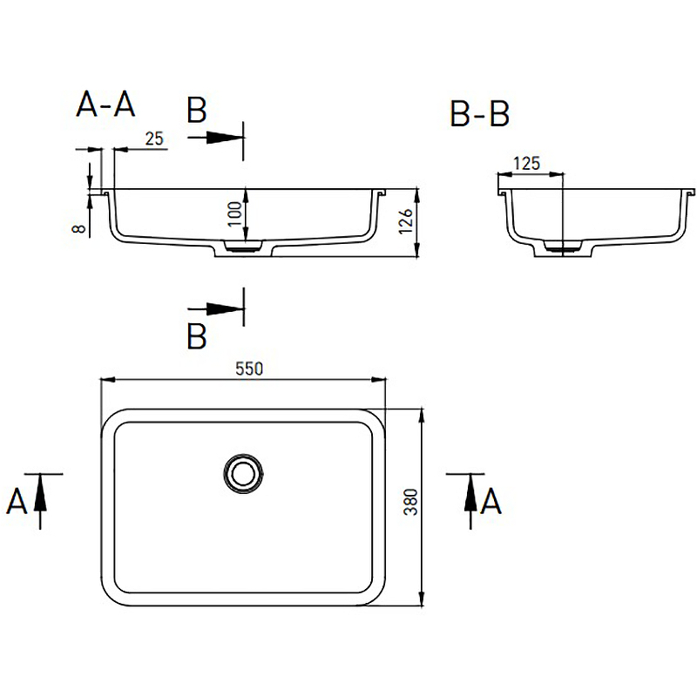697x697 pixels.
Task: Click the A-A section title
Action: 105,105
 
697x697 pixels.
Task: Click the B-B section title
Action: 480,114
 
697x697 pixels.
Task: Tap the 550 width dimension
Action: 249,369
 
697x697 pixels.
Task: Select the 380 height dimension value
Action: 410,502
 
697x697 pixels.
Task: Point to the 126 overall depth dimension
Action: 406,220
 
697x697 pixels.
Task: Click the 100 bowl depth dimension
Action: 234,213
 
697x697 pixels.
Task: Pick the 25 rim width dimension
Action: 154,139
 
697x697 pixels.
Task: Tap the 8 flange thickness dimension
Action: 78,228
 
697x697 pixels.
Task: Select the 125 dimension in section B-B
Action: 527,164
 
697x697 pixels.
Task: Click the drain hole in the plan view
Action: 243,473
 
